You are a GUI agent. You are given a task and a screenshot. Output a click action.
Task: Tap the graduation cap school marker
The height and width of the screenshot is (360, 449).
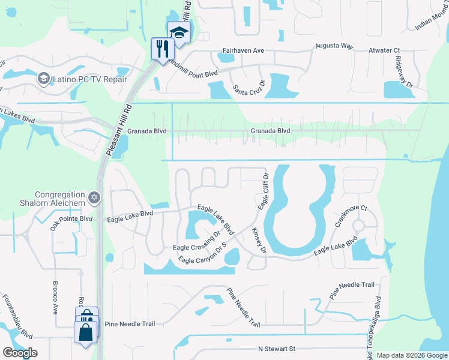(x=178, y=32)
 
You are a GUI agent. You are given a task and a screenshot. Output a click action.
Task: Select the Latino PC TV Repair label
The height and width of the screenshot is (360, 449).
(x=88, y=79)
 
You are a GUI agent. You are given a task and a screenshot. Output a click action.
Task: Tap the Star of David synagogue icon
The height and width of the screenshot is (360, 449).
(x=93, y=197)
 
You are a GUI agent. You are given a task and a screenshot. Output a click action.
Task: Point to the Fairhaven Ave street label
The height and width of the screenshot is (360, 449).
(x=243, y=51)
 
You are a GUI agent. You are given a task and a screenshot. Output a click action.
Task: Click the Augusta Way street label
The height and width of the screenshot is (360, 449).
(x=334, y=46)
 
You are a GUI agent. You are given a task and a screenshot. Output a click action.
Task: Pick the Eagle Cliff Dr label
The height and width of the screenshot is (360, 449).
(x=263, y=191)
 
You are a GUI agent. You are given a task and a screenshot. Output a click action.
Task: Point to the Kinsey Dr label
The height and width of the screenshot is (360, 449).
(x=258, y=239)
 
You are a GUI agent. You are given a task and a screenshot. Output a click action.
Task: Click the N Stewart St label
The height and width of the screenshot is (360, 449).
(x=277, y=349)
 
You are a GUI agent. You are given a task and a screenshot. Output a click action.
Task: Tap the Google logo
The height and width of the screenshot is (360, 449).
(x=20, y=353)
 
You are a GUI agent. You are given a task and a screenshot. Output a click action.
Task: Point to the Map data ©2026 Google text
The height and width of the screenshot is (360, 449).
(x=411, y=355)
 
